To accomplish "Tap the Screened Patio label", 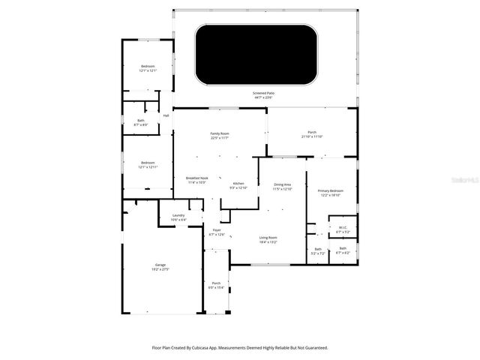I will pyautogui.click(x=262, y=94).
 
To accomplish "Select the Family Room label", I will pyautogui.click(x=219, y=134).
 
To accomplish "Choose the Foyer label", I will pyautogui.click(x=217, y=230).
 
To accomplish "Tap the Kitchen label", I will pyautogui.click(x=238, y=184).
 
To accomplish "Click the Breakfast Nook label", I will pyautogui.click(x=197, y=178).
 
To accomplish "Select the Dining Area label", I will pyautogui.click(x=282, y=184).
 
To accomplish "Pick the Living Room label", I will pyautogui.click(x=268, y=238).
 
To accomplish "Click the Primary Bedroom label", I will pyautogui.click(x=330, y=191).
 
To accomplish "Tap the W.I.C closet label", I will pyautogui.click(x=342, y=228).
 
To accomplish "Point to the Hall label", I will pyautogui.click(x=166, y=115).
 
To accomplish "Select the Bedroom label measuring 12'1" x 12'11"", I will pyautogui.click(x=148, y=163).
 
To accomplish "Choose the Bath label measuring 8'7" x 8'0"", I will pyautogui.click(x=140, y=121).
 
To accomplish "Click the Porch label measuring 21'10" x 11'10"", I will pyautogui.click(x=311, y=133).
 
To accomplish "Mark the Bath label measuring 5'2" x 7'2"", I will pyautogui.click(x=317, y=250).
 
